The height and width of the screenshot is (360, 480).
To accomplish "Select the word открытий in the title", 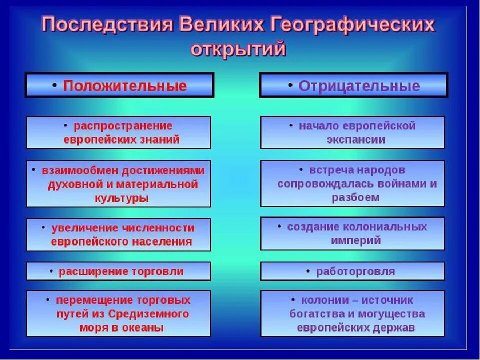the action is tap(238, 50).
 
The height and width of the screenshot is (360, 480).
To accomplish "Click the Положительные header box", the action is tap(119, 85).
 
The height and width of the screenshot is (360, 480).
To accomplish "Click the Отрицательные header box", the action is tap(353, 85).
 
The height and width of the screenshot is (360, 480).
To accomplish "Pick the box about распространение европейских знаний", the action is tap(118, 132).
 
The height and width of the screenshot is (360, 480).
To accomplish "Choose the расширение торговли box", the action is tap(118, 271).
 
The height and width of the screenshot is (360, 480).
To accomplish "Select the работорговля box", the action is tap(352, 271).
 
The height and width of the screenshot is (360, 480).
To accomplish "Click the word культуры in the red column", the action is tap(121, 197).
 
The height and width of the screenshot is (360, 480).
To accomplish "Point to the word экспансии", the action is tap(356, 139).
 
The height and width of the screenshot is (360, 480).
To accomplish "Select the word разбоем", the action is tap(355, 197).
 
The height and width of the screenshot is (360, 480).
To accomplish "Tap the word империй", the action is tap(355, 240).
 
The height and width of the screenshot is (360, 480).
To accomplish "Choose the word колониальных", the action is tap(391, 226).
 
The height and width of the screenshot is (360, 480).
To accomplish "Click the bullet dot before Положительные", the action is tap(54, 85).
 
